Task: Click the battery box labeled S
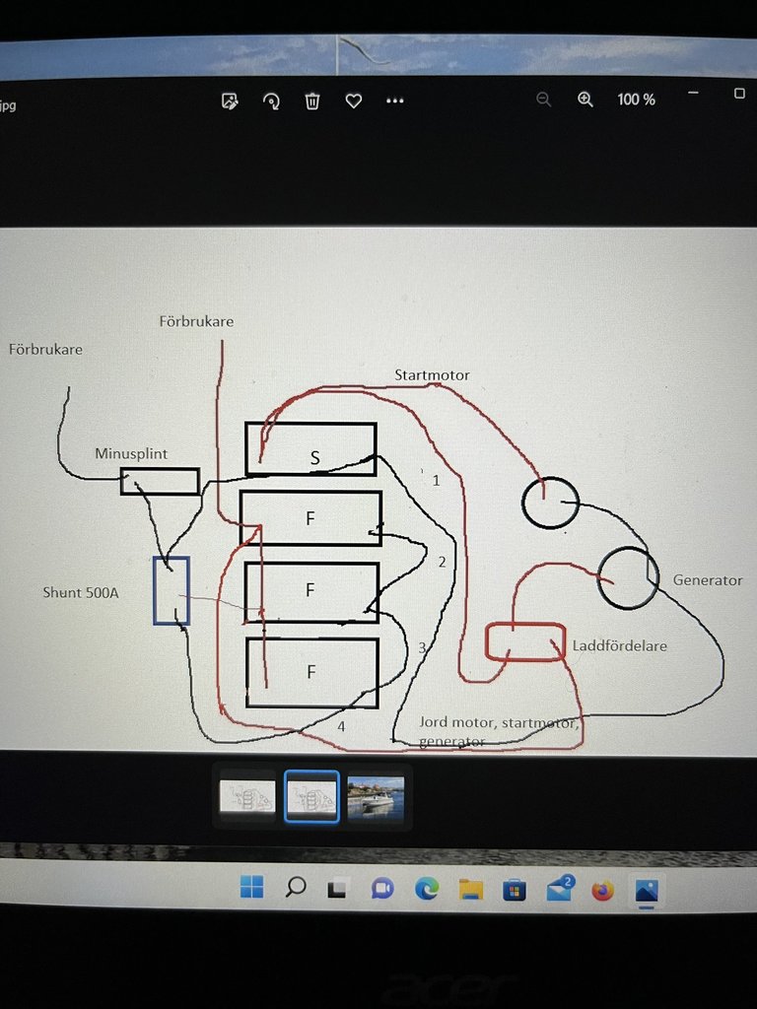[x=310, y=448]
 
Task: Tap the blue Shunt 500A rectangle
[x=171, y=590]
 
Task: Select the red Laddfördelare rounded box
[x=525, y=640]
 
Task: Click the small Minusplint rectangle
[x=160, y=481]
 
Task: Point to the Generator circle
[x=628, y=577]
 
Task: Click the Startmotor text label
[x=432, y=375]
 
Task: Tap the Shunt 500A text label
[x=81, y=592]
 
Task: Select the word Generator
[x=708, y=580]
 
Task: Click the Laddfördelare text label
[x=620, y=646]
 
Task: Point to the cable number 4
[x=341, y=726]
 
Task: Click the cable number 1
[x=436, y=481]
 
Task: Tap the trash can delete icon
[x=312, y=101]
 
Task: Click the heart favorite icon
[x=354, y=101]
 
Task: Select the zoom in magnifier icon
[x=585, y=100]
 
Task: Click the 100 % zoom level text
[x=636, y=100]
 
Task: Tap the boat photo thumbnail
[x=376, y=795]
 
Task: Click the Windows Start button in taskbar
[x=251, y=888]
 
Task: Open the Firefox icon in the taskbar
[x=602, y=891]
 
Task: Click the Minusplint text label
[x=131, y=453]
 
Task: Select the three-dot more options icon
[x=395, y=101]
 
